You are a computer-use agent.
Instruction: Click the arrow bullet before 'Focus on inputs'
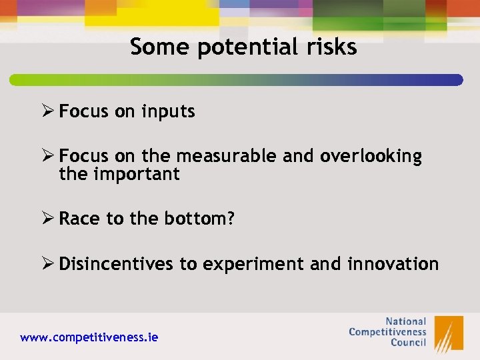pos(48,111)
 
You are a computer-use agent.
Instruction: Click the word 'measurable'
pos(226,156)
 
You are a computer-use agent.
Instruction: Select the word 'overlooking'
pos(371,156)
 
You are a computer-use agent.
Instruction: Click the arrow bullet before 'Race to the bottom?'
pos(48,219)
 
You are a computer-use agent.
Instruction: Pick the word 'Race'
pos(80,219)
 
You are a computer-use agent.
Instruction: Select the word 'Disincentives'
pos(116,264)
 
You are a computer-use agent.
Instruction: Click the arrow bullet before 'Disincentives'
pos(48,263)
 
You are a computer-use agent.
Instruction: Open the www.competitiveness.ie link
pos(89,337)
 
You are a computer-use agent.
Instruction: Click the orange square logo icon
pos(449,333)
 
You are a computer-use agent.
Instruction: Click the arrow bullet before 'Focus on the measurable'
pos(48,156)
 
